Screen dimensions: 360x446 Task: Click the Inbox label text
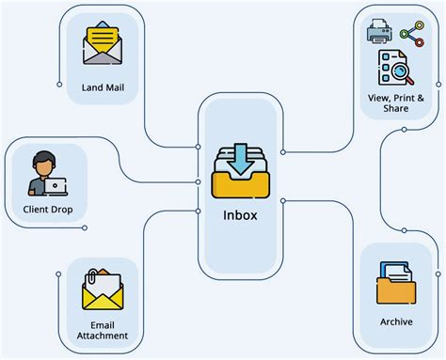[240, 213]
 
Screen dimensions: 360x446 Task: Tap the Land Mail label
[103, 90]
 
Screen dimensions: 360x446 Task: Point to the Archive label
[396, 321]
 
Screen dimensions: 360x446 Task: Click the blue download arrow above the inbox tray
[240, 158]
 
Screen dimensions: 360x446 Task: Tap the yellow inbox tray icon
[240, 179]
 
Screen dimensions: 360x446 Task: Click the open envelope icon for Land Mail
[103, 46]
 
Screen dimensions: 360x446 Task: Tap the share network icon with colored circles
[412, 34]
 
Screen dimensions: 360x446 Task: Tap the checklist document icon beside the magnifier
[387, 67]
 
